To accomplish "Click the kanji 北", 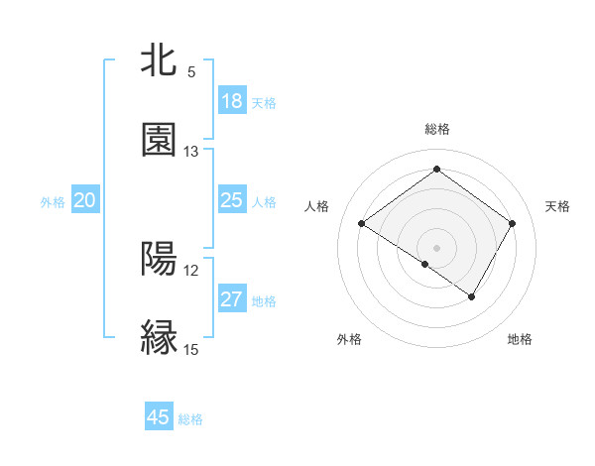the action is point(160,60).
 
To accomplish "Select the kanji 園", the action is point(160,140).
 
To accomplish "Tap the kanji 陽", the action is point(160,258).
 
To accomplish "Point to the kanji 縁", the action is point(160,337).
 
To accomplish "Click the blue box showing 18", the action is point(232,101).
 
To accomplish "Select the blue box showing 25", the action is point(232,200).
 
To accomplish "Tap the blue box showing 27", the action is point(232,299).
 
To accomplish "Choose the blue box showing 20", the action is point(85,200).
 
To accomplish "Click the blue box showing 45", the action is point(159,417).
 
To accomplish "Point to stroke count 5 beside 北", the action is point(191,72).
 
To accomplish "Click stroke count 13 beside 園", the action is point(191,152).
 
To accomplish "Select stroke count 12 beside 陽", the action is point(191,270).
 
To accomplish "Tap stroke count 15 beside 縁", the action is point(191,349).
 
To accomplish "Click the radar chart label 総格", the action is point(436,129).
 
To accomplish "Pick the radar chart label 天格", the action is point(557,206).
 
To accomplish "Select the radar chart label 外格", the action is point(349,339).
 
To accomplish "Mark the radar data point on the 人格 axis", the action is point(362,224).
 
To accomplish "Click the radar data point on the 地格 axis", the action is point(472,296).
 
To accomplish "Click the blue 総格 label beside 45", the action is point(190,419).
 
